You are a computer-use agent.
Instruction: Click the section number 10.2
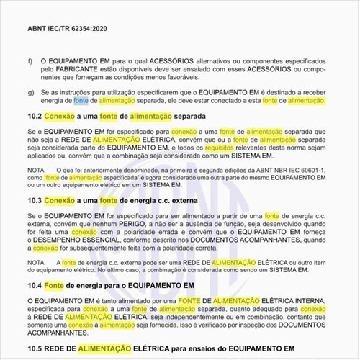tap(34, 115)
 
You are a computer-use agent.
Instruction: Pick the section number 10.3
tap(34, 199)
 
